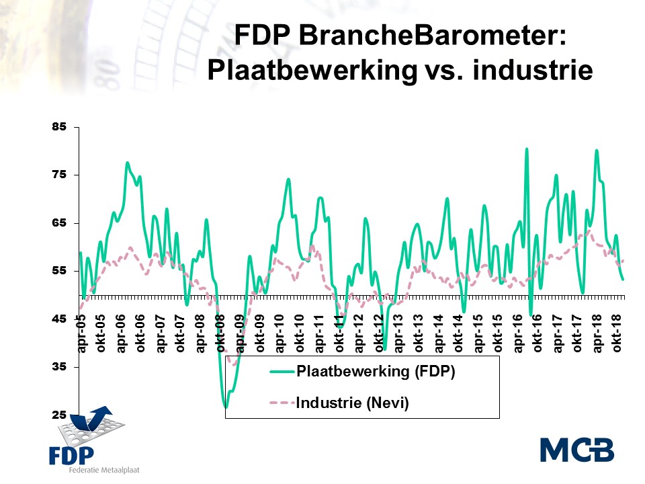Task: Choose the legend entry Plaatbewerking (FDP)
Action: pos(375,373)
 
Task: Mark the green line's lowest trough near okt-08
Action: pos(226,407)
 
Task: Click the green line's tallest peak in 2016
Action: pos(527,149)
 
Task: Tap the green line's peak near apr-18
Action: pos(596,151)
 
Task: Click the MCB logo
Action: pos(576,450)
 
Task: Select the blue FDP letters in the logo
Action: pos(71,454)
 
